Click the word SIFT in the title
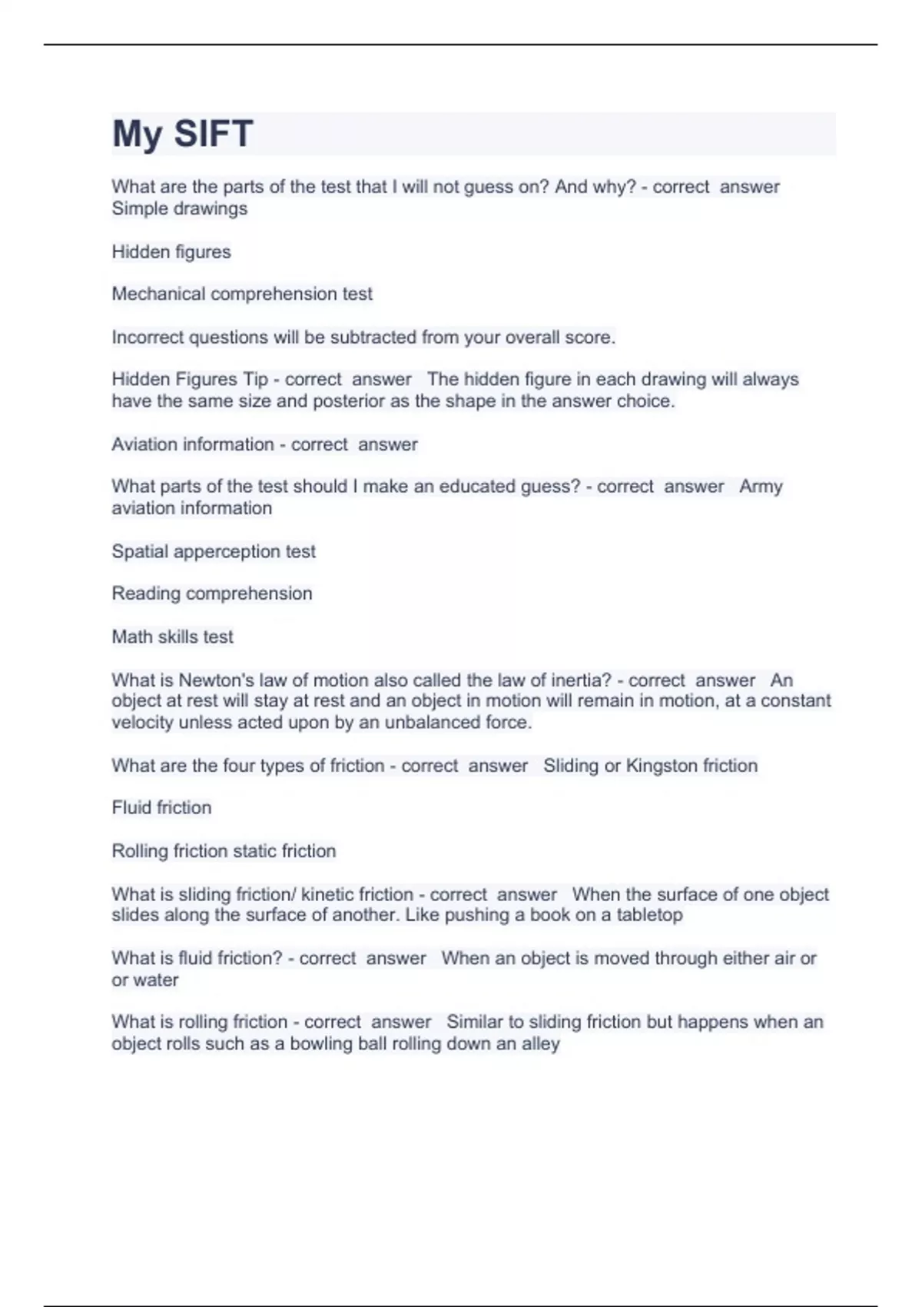coord(213,134)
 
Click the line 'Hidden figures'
coord(171,252)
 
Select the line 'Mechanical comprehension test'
coord(242,294)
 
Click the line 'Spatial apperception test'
coord(214,551)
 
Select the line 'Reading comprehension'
coord(212,594)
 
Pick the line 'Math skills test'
coord(172,637)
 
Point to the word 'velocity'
coord(142,723)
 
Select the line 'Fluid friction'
coord(161,807)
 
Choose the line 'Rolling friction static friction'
coord(224,851)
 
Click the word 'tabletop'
coord(649,915)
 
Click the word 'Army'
coord(761,487)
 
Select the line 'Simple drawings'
coord(180,208)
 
